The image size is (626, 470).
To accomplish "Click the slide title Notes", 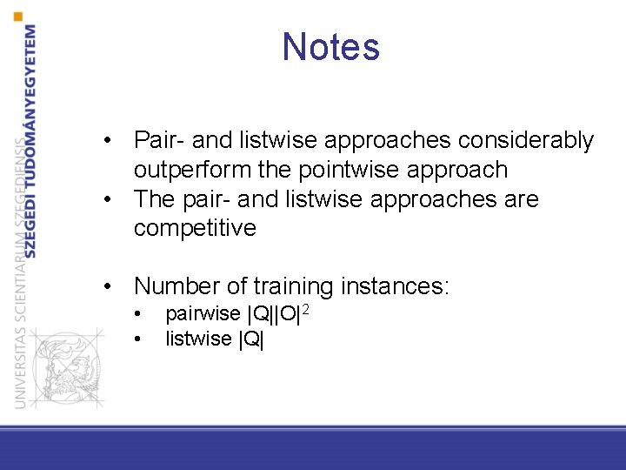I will point(330,47).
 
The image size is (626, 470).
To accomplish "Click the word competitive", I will point(195,229).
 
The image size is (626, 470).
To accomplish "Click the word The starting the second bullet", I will point(155,199).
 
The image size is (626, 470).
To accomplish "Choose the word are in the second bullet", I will point(520,199).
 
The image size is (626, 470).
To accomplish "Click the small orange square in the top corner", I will point(19,16).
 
